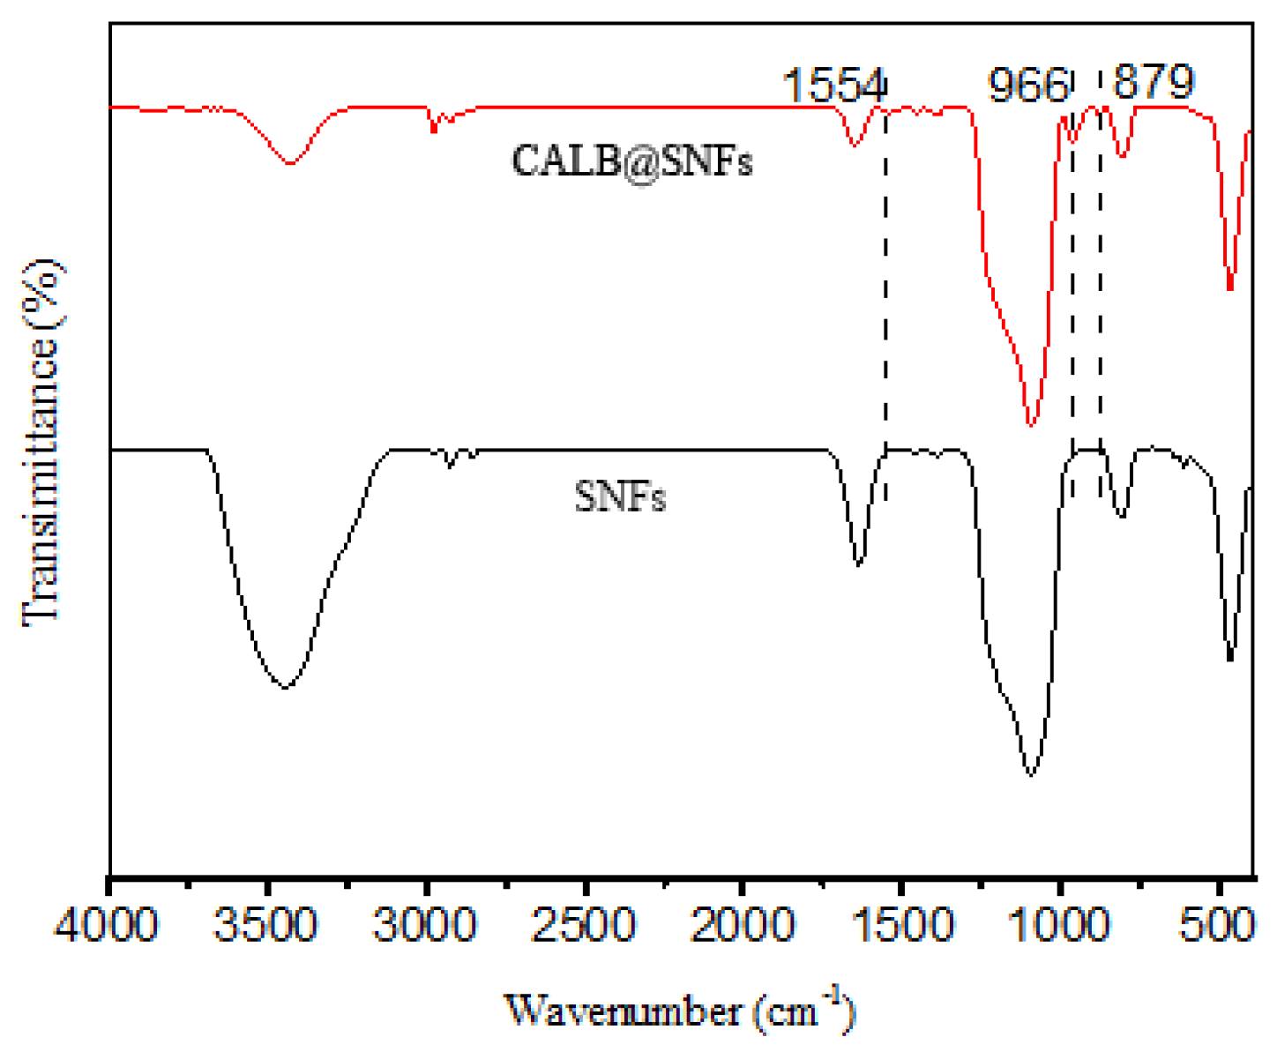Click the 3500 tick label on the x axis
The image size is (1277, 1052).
266,927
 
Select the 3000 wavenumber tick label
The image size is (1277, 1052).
425,927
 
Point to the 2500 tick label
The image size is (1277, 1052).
584,927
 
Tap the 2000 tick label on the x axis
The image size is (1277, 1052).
743,927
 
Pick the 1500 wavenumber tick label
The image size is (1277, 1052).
901,927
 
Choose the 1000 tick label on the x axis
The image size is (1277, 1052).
1060,927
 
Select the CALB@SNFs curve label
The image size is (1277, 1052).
631,161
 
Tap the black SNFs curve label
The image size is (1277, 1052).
620,497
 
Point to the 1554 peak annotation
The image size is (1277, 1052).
833,86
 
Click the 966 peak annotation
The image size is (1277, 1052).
1028,86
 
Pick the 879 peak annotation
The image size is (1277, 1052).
1154,82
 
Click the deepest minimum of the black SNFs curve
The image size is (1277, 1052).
1031,775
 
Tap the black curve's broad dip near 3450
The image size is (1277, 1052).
285,687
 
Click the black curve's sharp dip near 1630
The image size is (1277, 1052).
859,563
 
